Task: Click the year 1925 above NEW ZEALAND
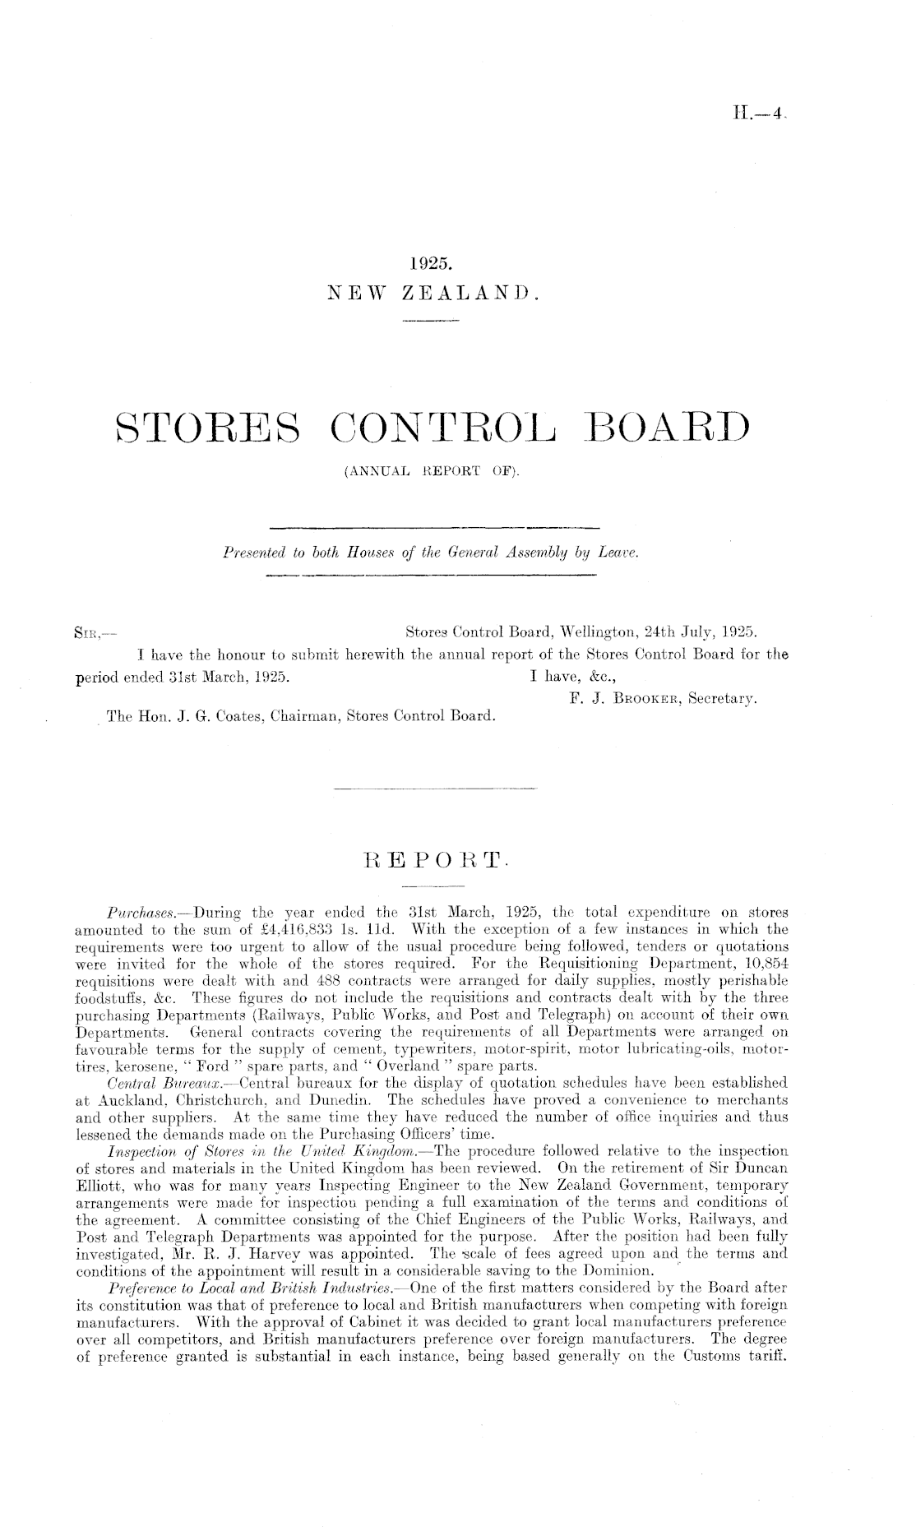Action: click(x=431, y=265)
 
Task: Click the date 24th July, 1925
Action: click(x=711, y=633)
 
